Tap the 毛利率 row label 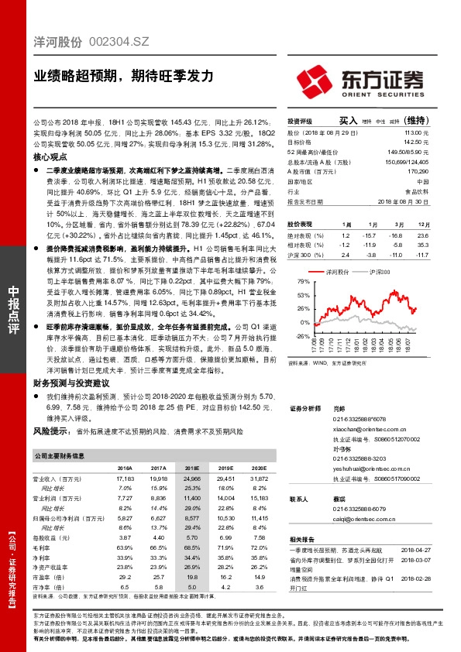click(45, 547)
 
